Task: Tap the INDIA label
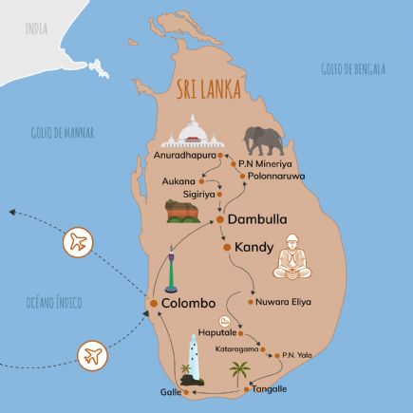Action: (x=35, y=29)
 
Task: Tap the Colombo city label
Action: (x=195, y=303)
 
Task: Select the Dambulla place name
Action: (x=259, y=218)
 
